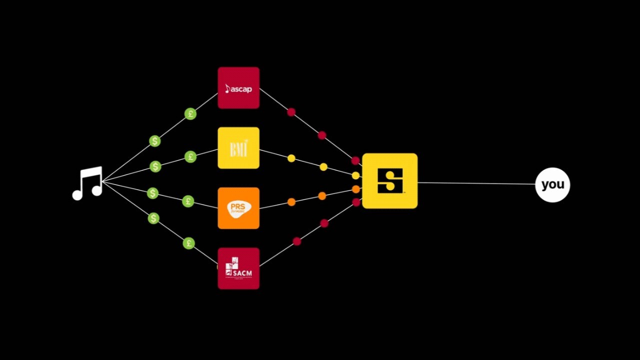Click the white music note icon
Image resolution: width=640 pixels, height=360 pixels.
pos(88,183)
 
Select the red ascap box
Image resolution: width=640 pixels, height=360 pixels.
pos(238,88)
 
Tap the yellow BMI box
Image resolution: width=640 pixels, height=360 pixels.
pos(238,148)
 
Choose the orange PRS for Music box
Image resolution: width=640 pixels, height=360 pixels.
pos(238,208)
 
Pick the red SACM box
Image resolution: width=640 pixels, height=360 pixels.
pos(238,268)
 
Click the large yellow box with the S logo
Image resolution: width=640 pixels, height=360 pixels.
pos(389,181)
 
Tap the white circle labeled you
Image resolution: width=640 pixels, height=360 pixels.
pos(552,184)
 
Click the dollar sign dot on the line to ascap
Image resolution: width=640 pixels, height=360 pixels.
pos(155,141)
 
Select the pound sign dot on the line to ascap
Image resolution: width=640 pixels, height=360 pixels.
pos(190,114)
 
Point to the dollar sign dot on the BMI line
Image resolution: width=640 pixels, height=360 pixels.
pos(155,166)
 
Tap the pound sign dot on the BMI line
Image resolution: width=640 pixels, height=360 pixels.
pos(190,157)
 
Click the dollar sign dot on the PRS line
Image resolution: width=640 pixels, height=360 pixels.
pos(152,193)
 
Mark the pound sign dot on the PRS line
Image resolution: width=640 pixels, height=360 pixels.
pos(188,201)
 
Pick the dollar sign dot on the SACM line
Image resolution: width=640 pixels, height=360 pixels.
pos(153,218)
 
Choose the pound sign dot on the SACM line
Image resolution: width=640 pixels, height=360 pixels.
pos(188,243)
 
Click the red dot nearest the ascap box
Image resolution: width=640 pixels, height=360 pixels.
pos(291,112)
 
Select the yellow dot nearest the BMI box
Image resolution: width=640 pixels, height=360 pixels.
pos(291,158)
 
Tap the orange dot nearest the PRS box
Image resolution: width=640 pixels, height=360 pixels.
pos(291,202)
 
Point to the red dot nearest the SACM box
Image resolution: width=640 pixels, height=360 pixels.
pos(296,241)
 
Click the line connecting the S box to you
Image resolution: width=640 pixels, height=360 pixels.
pos(475,183)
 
